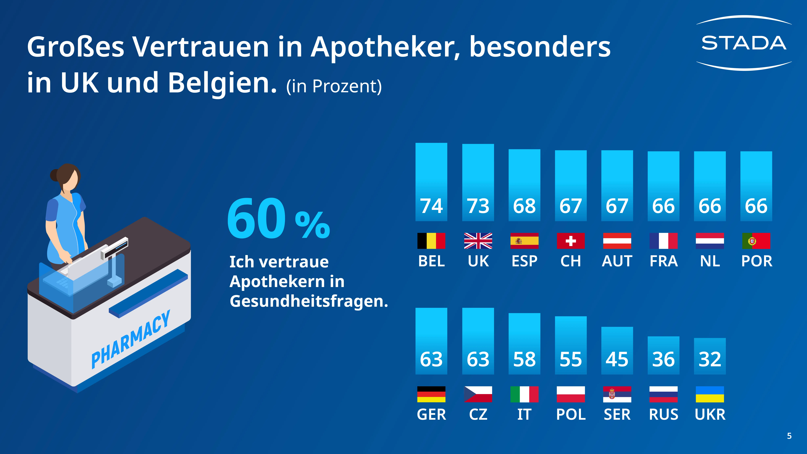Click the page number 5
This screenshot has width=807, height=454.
[x=789, y=436]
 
